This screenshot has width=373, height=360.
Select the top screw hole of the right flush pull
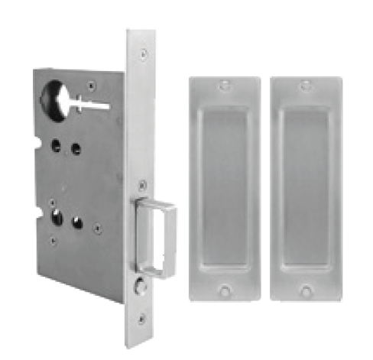pyautogui.click(x=306, y=86)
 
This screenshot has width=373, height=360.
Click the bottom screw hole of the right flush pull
pyautogui.click(x=306, y=290)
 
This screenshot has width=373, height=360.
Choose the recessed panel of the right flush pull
pyautogui.click(x=306, y=187)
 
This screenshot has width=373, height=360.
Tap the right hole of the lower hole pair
pyautogui.click(x=77, y=222)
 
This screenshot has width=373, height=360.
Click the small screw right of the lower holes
pyautogui.click(x=97, y=227)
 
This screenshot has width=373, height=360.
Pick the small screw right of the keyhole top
pyautogui.click(x=92, y=84)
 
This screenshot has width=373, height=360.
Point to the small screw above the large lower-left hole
pyautogui.click(x=51, y=203)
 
